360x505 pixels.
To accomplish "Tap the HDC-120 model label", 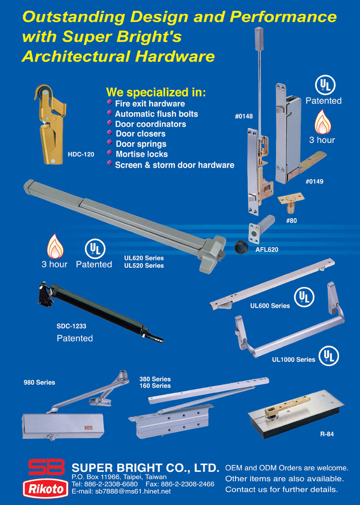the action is tap(81, 154).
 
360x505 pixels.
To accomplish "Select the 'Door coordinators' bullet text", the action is tap(150, 124).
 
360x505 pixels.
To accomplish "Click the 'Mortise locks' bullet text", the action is tap(142, 154).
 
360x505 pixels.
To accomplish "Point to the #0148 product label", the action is tap(244, 116).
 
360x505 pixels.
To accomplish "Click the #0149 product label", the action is tap(314, 182).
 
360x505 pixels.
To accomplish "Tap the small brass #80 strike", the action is tap(291, 203).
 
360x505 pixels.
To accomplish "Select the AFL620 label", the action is tap(266, 250).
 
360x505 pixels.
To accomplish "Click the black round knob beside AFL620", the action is tap(240, 247).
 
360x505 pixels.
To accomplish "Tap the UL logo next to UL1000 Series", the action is tap(329, 356).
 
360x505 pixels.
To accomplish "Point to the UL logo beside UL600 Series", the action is tap(304, 297).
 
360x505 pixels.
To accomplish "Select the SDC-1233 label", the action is tap(71, 326).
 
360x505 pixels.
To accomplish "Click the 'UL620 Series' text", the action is tap(144, 258).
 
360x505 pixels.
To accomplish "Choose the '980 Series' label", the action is tap(39, 382).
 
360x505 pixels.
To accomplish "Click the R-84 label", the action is tap(327, 434).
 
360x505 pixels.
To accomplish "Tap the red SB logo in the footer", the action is tap(46, 467).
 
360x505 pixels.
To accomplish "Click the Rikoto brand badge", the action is tap(45, 489).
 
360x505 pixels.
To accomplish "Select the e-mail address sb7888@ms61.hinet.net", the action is tap(133, 491).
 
